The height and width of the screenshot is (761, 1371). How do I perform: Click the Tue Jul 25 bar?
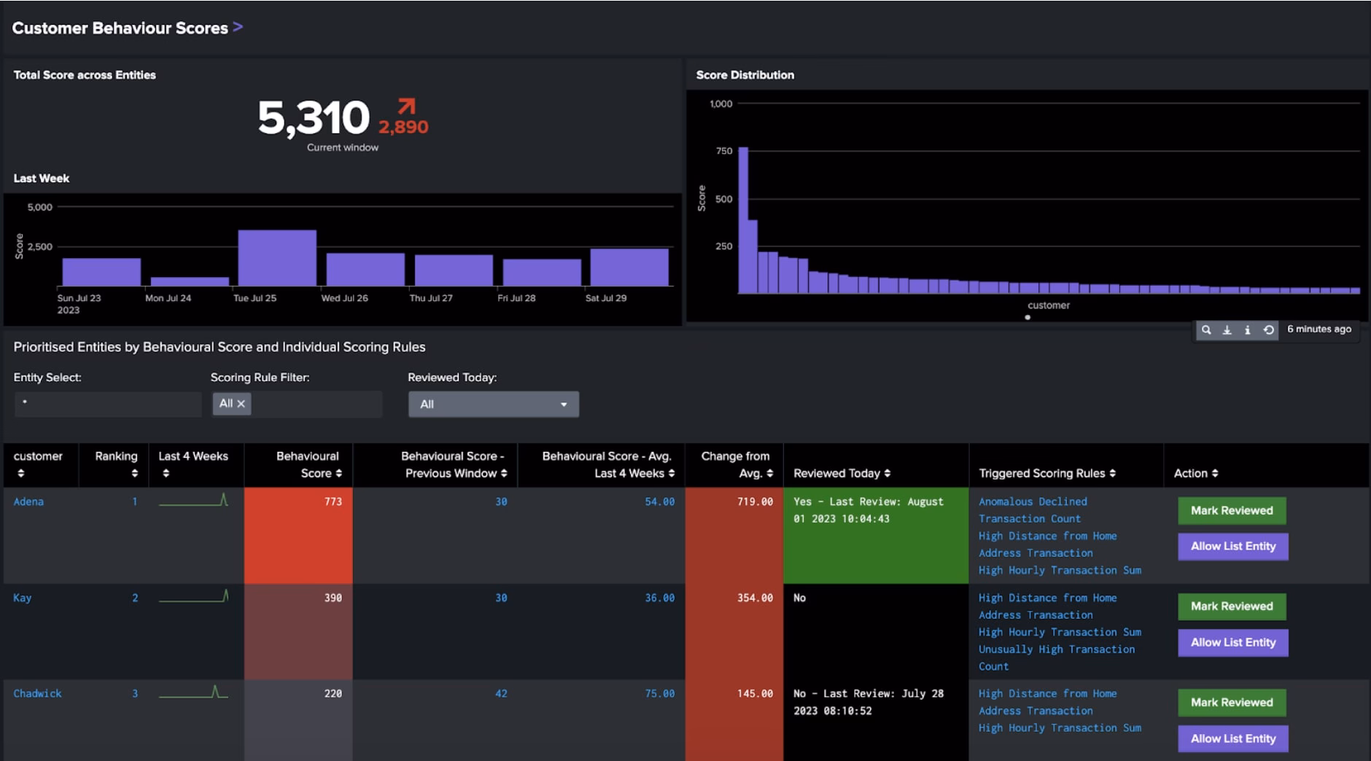[277, 257]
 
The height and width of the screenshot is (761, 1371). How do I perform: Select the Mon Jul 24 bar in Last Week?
[190, 281]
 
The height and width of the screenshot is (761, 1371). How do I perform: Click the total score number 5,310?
[314, 118]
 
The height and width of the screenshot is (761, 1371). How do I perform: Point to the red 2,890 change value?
[403, 127]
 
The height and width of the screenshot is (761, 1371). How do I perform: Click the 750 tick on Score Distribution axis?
[723, 151]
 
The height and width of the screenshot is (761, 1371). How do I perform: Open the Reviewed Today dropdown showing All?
[494, 404]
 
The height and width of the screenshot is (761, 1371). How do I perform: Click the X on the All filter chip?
[241, 404]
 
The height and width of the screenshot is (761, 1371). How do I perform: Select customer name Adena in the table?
[28, 502]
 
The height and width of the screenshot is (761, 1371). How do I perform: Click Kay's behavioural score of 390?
[333, 598]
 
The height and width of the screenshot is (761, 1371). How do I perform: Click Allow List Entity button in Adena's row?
[1232, 546]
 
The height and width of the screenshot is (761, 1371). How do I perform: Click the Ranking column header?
[116, 456]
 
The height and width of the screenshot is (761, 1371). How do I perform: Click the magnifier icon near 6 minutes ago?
[1206, 330]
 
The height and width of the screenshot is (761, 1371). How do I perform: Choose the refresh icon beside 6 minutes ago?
[1269, 330]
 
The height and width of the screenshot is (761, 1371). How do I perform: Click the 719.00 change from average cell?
[755, 502]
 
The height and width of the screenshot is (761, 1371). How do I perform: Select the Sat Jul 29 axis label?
[605, 298]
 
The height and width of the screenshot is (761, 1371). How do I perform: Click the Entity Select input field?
[108, 404]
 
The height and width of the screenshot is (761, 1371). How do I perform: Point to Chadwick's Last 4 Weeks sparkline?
[193, 692]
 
